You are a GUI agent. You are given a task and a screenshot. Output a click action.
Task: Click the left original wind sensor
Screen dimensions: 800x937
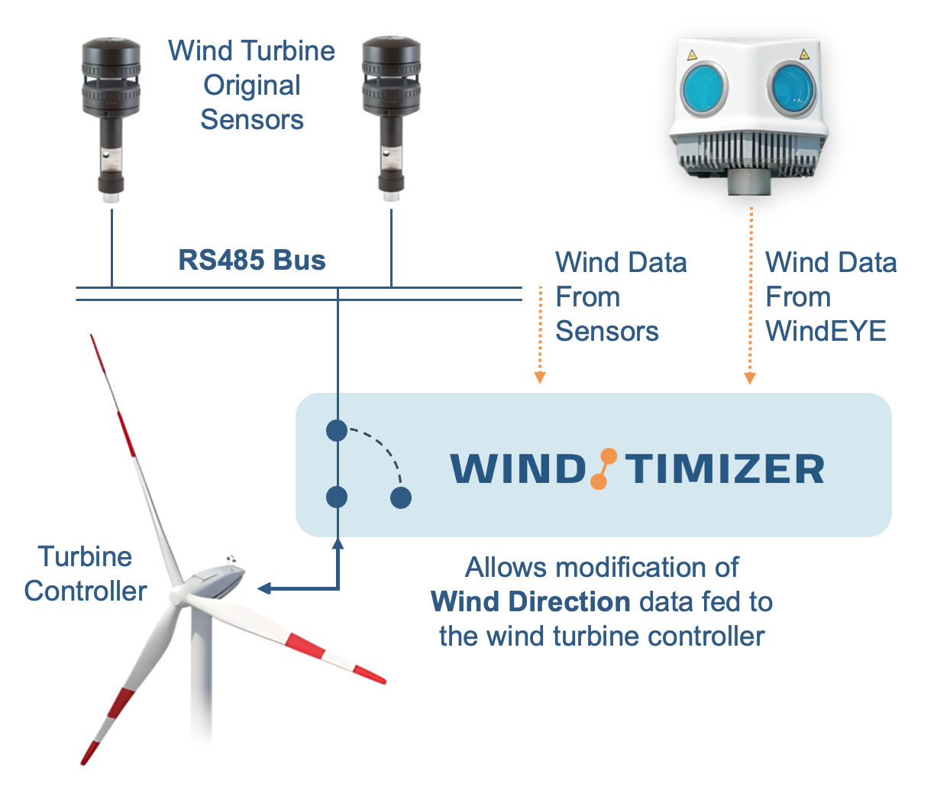(111, 115)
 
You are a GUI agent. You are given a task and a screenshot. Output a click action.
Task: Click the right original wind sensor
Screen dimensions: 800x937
(391, 115)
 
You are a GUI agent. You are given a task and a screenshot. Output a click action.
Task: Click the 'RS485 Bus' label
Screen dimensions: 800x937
(252, 261)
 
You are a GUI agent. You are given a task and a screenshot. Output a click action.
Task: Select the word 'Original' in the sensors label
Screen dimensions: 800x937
(252, 86)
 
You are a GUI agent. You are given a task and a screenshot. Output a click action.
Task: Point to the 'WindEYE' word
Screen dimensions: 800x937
(826, 332)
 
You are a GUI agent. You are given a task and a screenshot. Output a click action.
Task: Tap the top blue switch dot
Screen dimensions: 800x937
(337, 431)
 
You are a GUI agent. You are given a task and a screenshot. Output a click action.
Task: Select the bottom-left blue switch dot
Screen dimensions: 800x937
(337, 497)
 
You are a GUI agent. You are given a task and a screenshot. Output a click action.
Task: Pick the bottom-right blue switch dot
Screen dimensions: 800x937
(401, 498)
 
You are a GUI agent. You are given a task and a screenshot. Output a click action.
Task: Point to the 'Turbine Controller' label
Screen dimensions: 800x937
(85, 574)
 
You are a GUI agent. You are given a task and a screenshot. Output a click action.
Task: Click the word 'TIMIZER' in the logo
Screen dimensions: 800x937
(725, 469)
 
